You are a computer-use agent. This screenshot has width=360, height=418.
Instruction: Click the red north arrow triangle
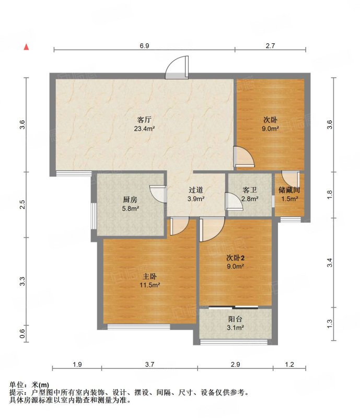[x=26, y=47]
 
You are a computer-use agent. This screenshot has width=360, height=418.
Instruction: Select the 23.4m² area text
[x=144, y=129]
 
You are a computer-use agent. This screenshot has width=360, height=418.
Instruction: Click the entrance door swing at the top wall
[x=177, y=67]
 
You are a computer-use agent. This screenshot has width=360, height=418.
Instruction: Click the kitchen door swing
[x=158, y=194]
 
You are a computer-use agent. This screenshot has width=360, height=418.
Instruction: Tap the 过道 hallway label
[x=196, y=190]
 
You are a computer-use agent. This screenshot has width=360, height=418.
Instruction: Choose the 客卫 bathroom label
[x=250, y=190]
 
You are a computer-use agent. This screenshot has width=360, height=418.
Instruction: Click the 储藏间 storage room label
[x=289, y=190]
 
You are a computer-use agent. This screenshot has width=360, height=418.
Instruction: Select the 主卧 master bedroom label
[x=149, y=276]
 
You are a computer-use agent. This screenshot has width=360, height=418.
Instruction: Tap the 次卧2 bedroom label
[x=236, y=258]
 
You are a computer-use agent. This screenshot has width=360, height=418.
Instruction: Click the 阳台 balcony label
[x=235, y=319]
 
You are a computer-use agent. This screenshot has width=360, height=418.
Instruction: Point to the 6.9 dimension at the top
[x=144, y=46]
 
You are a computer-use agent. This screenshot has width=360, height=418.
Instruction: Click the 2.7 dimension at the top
[x=270, y=46]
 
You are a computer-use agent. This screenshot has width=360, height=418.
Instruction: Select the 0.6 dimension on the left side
[x=22, y=333]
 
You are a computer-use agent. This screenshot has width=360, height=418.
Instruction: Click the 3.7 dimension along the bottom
[x=149, y=364]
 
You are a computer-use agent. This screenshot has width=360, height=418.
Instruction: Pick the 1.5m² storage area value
[x=289, y=199]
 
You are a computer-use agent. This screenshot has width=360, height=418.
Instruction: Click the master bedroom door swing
[x=179, y=226]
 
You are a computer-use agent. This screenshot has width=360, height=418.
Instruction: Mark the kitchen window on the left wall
[x=94, y=216]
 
